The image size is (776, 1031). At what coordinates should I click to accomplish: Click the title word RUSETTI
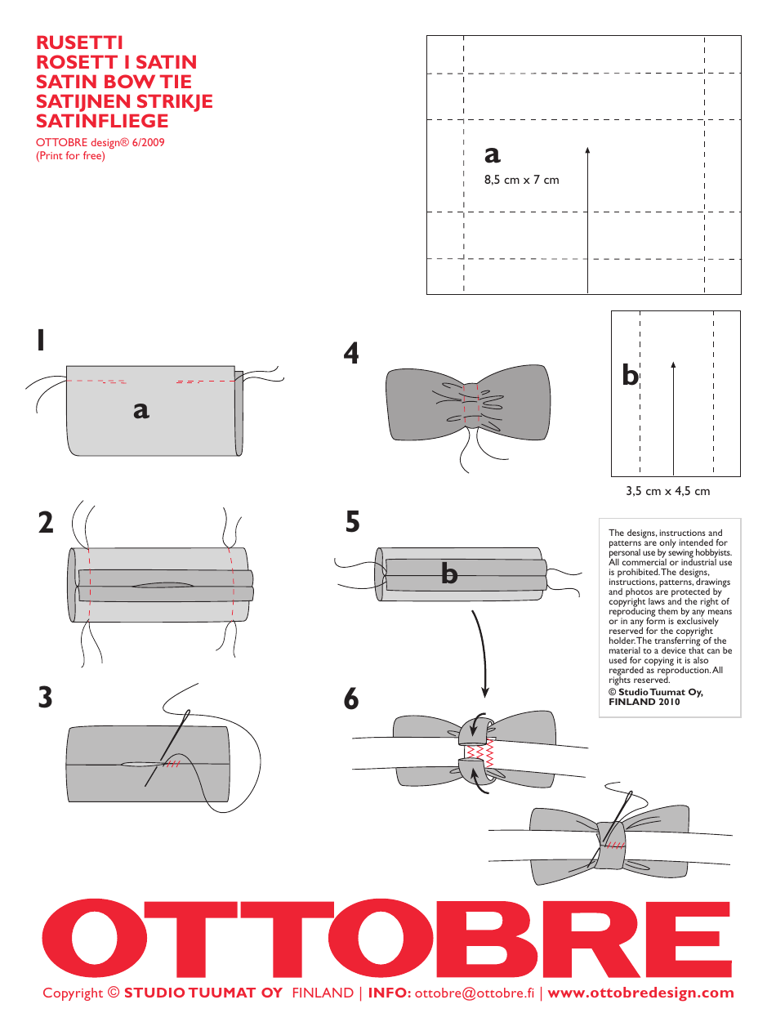click(x=79, y=42)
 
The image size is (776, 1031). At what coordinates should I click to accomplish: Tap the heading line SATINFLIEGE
click(x=102, y=121)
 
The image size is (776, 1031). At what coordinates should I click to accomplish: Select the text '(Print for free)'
click(x=70, y=155)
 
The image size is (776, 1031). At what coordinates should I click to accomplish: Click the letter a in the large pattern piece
click(x=492, y=153)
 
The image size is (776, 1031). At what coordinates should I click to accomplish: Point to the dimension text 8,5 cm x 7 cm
click(x=521, y=180)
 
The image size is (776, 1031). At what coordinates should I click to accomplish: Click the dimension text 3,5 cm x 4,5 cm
click(x=667, y=491)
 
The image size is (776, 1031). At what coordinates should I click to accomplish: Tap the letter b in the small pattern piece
click(x=630, y=375)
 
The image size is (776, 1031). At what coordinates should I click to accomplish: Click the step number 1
click(x=41, y=341)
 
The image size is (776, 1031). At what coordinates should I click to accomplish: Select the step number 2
click(x=46, y=522)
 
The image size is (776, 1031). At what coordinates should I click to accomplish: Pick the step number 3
click(x=45, y=698)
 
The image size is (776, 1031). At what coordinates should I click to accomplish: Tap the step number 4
click(x=351, y=354)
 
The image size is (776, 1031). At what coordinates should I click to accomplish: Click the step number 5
click(x=353, y=521)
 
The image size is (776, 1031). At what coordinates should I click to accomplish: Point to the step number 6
click(x=351, y=699)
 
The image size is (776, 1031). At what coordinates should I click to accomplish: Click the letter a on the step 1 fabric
click(x=141, y=409)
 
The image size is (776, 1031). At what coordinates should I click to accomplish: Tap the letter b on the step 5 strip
click(x=449, y=574)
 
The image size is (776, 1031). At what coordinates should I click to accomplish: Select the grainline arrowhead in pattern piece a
click(x=588, y=150)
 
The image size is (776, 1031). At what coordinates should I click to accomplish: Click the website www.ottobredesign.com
click(x=640, y=993)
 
